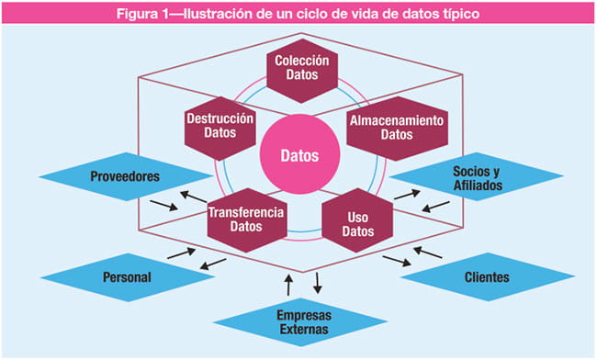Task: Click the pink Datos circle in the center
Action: click(302, 155)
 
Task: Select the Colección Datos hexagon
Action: click(302, 70)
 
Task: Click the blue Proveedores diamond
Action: click(128, 174)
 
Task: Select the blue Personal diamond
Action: click(126, 276)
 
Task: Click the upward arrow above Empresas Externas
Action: click(289, 279)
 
